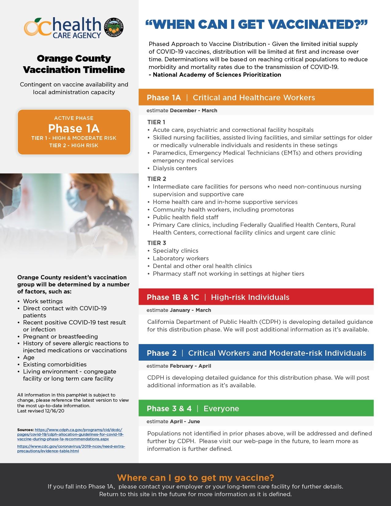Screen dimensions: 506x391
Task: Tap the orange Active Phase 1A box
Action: tap(74, 132)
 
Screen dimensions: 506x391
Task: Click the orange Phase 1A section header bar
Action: tap(256, 98)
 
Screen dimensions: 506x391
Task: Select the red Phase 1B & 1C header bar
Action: tap(256, 297)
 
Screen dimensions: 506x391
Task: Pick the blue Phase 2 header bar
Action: tap(256, 353)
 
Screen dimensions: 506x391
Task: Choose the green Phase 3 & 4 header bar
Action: tap(256, 408)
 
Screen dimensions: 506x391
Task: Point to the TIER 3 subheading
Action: tap(156, 243)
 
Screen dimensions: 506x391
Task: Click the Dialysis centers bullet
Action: tap(175, 168)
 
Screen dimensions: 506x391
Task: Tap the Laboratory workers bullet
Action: tap(181, 258)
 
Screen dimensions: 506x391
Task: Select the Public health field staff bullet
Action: tap(186, 217)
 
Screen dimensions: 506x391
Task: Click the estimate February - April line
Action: tap(179, 366)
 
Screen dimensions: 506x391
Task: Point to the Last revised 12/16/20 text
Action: tap(41, 411)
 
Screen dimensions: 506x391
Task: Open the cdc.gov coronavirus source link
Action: tap(71, 449)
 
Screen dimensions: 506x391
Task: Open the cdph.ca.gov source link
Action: tap(71, 435)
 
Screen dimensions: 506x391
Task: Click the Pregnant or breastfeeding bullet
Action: tap(60, 336)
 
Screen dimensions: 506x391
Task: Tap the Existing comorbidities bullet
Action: tap(55, 364)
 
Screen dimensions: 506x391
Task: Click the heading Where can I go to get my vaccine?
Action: tap(195, 477)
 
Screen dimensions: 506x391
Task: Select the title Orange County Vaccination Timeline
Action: tap(74, 64)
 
